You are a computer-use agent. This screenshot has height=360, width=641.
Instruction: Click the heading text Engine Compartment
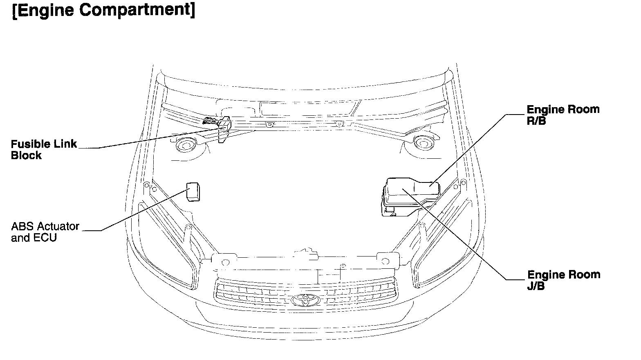[103, 10]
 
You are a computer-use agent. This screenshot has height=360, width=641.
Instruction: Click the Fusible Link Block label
[44, 149]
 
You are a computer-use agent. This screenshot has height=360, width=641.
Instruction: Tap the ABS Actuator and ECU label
[45, 232]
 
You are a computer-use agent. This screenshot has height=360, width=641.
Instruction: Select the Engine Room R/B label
[563, 115]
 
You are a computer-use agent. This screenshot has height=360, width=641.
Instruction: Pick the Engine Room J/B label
[563, 280]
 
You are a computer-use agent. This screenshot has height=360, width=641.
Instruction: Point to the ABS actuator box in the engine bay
[193, 192]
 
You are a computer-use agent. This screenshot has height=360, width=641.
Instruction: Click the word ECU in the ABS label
[45, 238]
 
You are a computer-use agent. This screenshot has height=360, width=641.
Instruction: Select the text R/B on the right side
[536, 121]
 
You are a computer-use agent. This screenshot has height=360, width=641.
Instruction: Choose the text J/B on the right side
[536, 286]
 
